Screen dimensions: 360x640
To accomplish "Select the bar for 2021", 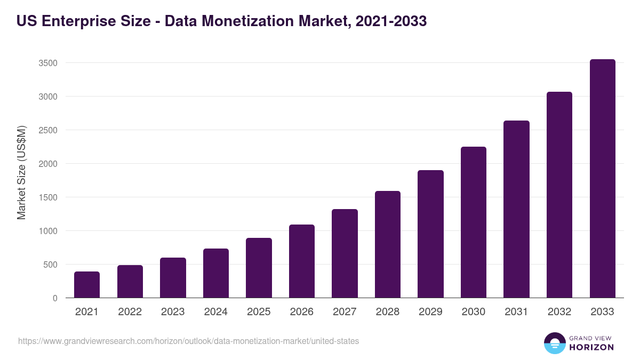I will (87, 285).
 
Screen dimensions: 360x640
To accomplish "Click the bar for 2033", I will (602, 179).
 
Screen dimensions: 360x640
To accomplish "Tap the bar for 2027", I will (345, 253).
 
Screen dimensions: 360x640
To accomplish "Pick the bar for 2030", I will (474, 222).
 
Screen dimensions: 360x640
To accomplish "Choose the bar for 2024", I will (216, 273).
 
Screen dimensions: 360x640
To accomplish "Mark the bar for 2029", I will (430, 234).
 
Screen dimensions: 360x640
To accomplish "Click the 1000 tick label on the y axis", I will (48, 231).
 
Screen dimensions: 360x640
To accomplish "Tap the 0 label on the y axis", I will (55, 298).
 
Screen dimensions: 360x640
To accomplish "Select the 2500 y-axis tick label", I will (48, 130).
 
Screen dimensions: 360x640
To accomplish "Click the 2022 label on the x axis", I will (130, 312).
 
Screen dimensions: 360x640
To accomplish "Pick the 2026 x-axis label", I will (301, 312).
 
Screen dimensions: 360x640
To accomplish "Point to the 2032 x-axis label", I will (559, 312).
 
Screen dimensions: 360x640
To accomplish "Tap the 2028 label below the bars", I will (388, 312).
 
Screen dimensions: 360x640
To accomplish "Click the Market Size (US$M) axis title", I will (21, 172).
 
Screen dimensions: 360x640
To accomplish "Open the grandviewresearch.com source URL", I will (188, 341).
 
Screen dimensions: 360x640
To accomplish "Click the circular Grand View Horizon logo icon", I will (554, 343).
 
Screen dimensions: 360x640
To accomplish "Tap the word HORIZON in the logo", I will (591, 347).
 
